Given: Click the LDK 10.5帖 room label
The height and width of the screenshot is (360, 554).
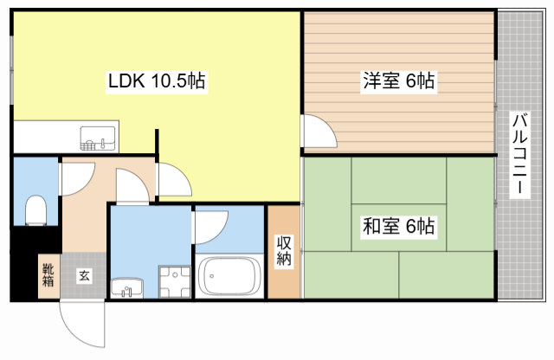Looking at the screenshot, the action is [157, 81].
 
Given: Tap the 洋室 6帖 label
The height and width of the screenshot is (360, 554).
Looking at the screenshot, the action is [398, 81].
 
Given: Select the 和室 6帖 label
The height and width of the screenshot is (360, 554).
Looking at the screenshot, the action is [398, 227].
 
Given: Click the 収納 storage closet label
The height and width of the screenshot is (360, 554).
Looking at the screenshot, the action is [284, 250].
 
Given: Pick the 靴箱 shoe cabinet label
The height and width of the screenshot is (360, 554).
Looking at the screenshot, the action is [48, 275].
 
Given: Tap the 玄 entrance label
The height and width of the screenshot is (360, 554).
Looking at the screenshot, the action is [84, 275].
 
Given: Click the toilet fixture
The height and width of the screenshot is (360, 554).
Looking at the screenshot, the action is [36, 210].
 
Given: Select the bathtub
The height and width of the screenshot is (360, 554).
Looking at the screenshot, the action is [229, 275].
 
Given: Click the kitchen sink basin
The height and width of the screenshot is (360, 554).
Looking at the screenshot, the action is [98, 138].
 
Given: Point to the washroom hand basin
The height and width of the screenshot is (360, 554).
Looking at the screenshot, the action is [127, 286].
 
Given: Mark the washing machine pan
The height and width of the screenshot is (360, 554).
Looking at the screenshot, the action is [175, 281].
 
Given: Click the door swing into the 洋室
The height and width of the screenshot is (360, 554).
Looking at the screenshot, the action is [319, 131].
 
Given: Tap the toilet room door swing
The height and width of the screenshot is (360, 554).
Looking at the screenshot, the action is [77, 178].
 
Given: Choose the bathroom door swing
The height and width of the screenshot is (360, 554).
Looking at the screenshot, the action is [210, 228].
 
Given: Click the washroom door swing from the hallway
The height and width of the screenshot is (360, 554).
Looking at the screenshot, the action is [132, 186].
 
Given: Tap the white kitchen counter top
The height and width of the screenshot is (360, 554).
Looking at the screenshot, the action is [66, 137].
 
